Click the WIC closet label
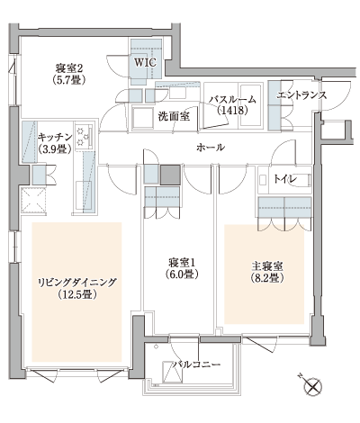pyautogui.click(x=146, y=63)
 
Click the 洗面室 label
pyautogui.click(x=174, y=115)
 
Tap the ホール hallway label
pyautogui.click(x=210, y=147)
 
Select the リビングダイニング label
pyautogui.click(x=76, y=282)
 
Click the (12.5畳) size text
pyautogui.click(x=76, y=294)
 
